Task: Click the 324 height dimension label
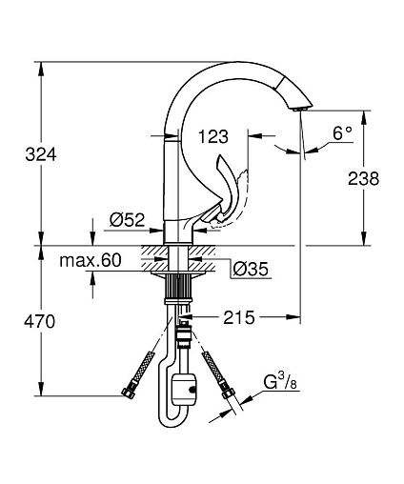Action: pos(41,155)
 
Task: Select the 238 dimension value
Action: pos(363,178)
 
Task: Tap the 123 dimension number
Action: pos(213,137)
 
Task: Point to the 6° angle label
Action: pos(342,133)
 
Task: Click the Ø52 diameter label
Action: pos(127,220)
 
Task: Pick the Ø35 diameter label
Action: pos(251,269)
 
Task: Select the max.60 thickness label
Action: pos(91,260)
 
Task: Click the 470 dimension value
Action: pos(40,321)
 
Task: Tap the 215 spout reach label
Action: pos(239,317)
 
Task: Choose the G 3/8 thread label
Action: pos(280,381)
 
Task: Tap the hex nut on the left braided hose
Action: pos(129,392)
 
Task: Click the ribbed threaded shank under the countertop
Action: pos(178,286)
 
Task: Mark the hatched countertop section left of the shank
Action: pos(153,258)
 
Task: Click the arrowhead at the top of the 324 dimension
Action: pos(41,68)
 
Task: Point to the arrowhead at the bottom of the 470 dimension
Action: pos(41,389)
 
